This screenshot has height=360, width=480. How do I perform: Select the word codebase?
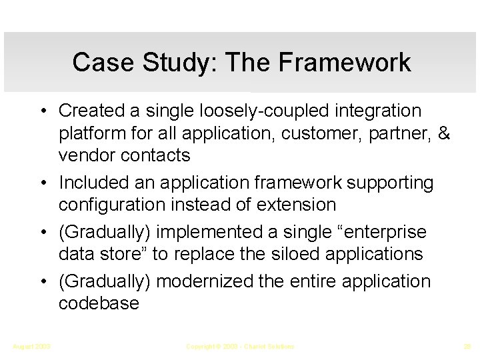pyautogui.click(x=99, y=303)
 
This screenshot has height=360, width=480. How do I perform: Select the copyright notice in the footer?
pyautogui.click(x=240, y=347)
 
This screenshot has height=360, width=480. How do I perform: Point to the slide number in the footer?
pyautogui.click(x=465, y=347)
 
